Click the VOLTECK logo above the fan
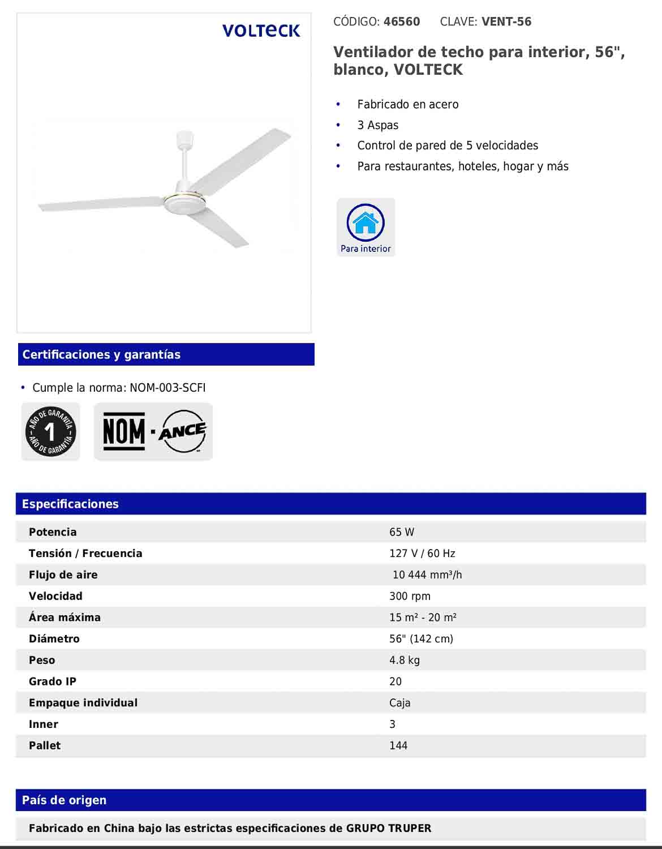[261, 31]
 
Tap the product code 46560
[402, 22]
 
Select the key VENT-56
[506, 22]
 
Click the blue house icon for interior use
[366, 222]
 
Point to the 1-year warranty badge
[50, 432]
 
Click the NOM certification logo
[124, 432]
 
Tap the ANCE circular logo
[182, 432]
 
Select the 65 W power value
[402, 532]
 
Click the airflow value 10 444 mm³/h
[427, 575]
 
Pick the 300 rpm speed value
[410, 596]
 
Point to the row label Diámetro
[54, 639]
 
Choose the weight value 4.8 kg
[405, 660]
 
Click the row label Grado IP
[53, 681]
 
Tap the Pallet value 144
[398, 745]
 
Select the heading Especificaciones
[70, 504]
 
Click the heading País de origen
[64, 800]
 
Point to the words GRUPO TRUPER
[388, 828]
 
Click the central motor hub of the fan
[182, 201]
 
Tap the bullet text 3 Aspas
[378, 125]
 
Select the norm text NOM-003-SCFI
[167, 388]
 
